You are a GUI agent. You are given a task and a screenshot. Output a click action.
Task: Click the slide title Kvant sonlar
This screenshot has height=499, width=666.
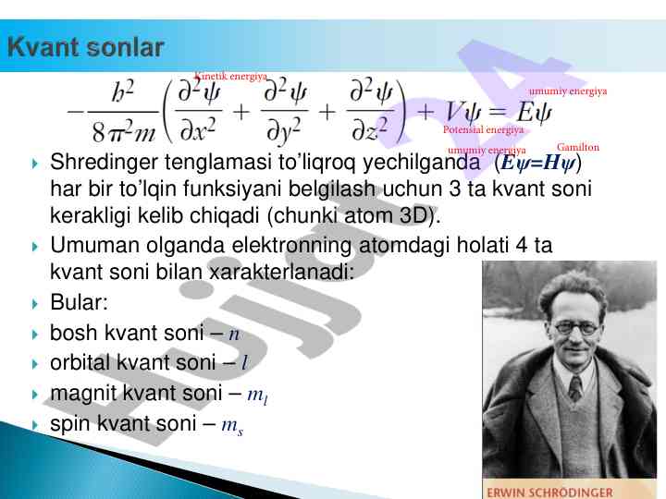coord(86,47)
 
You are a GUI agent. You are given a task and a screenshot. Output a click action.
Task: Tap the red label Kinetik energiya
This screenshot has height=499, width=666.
coord(230,77)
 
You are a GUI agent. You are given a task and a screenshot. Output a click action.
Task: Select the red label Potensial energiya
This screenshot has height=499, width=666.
coord(483,129)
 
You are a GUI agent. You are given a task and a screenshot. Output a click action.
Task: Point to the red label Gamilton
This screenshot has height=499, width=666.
coord(577,147)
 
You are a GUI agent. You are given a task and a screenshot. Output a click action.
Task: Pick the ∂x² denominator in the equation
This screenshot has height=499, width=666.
coord(198,129)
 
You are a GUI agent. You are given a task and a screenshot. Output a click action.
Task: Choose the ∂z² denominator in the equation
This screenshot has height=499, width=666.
coord(369,129)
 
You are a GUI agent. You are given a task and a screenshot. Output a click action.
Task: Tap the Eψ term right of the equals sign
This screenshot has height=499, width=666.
coord(534,113)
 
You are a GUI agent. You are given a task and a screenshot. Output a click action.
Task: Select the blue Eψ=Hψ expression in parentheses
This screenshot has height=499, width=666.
coord(538,163)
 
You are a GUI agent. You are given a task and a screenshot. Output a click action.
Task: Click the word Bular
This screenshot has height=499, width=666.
coord(79,302)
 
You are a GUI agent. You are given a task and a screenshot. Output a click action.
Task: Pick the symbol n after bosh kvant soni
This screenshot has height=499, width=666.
coord(234,334)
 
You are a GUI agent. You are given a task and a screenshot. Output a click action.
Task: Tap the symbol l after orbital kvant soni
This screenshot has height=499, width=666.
coord(244,363)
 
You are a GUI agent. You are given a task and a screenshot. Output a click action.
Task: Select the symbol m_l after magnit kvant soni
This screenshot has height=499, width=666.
coord(257,396)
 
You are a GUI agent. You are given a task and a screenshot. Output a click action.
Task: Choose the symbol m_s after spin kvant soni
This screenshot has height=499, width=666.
coord(232,426)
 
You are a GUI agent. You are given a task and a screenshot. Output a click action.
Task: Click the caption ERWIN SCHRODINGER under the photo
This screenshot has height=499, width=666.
coord(549,493)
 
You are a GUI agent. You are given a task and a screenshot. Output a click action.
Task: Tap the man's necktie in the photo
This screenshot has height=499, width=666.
coord(575,389)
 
